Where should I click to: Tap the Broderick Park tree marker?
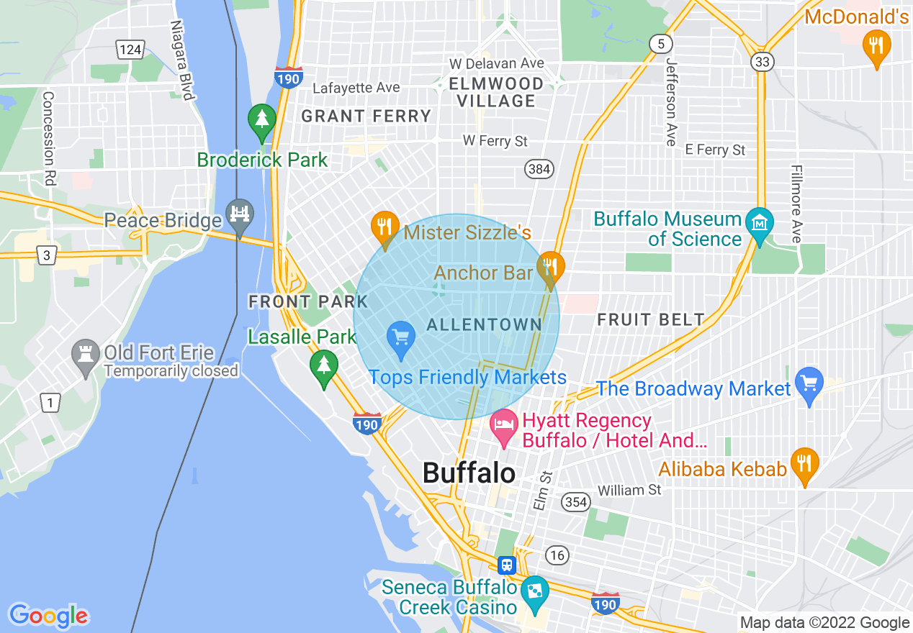261,120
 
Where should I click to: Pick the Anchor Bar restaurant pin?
550,268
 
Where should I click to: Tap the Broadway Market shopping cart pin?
809,383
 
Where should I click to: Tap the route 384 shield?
539,169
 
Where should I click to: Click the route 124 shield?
130,49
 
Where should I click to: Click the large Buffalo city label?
469,473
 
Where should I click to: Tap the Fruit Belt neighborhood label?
651,319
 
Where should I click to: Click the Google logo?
48,616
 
